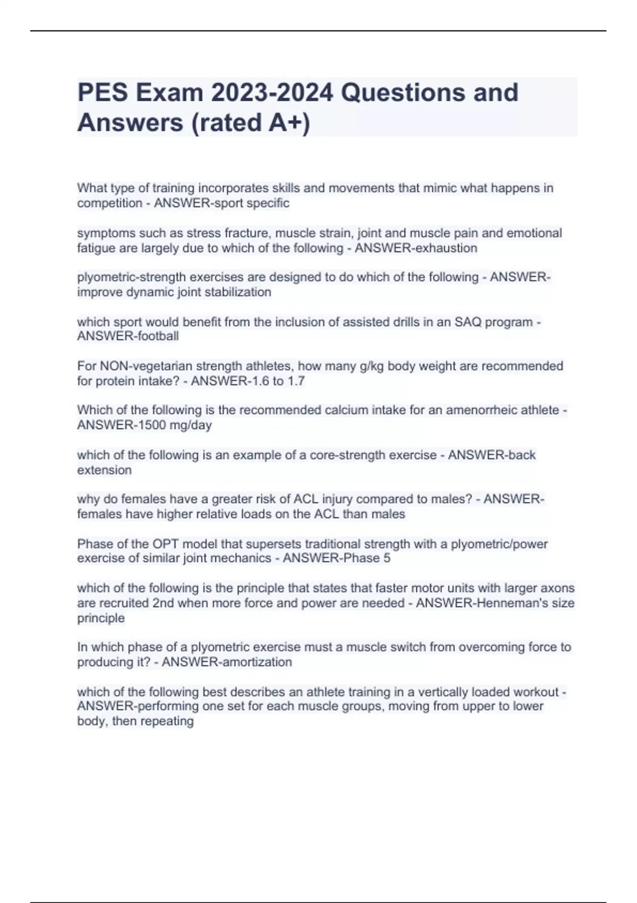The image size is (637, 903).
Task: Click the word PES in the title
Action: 102,92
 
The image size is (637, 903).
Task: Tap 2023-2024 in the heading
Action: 272,92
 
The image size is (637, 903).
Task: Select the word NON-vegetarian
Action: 144,366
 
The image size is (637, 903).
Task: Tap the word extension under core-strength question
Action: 104,470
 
